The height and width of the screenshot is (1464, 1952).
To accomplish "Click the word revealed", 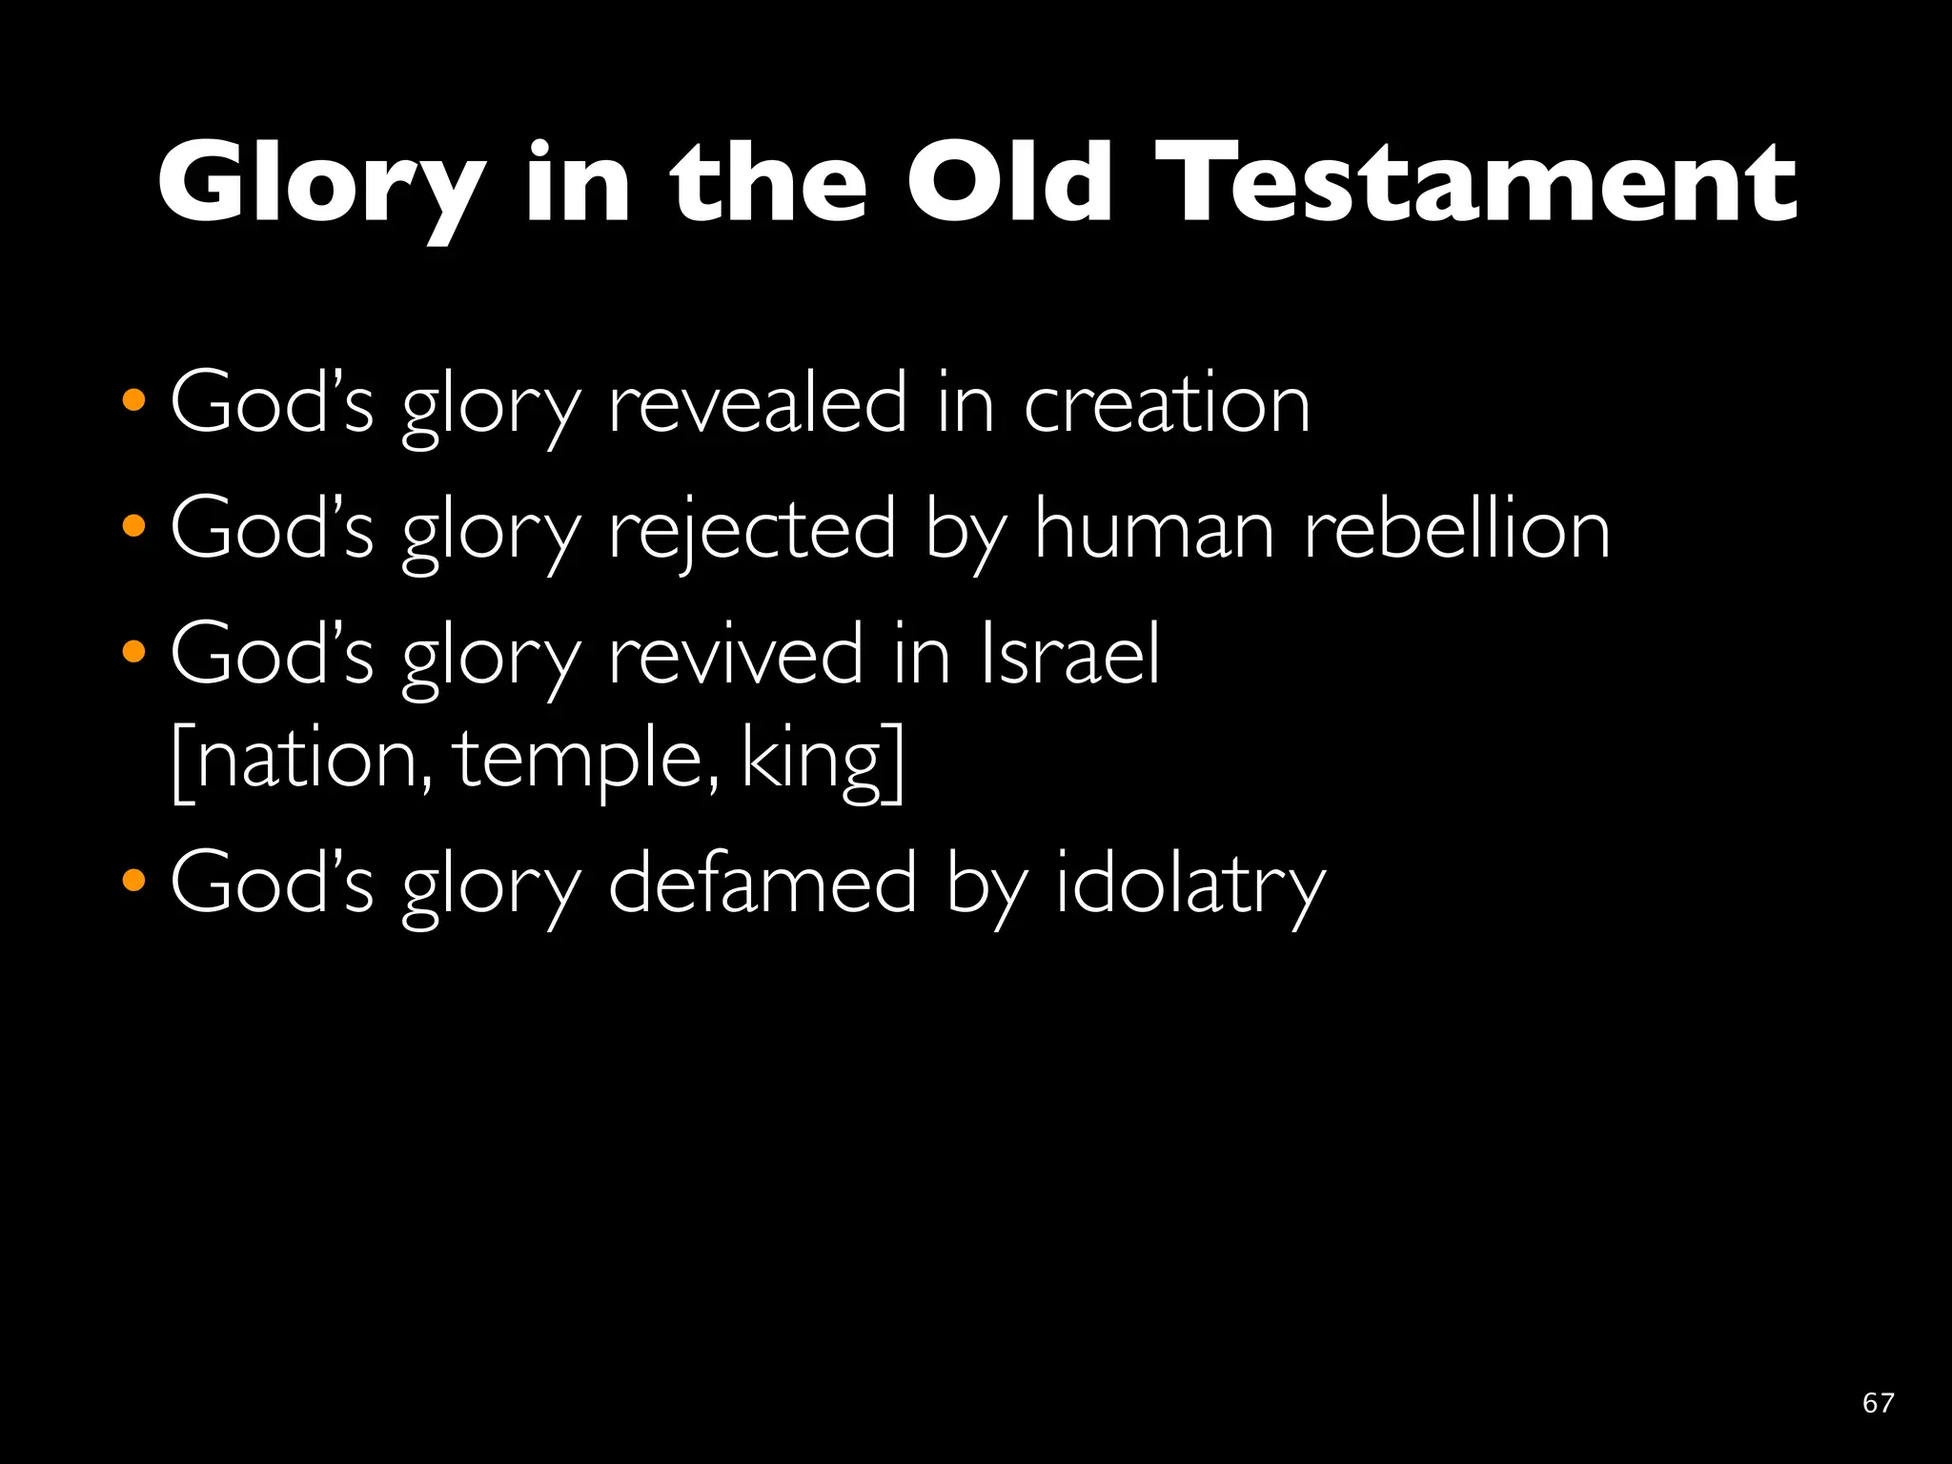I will point(758,404).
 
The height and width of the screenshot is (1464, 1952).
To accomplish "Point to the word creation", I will point(1167,404).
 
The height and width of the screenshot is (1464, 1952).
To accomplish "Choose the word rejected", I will point(752,530).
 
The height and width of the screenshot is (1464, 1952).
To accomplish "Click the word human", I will point(1154,530).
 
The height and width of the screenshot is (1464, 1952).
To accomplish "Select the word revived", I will point(735,655).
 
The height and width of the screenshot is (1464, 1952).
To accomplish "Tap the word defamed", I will point(762,884).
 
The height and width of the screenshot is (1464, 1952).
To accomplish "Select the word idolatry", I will point(1190,884).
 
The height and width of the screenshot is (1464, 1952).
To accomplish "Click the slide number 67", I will point(1878,1402).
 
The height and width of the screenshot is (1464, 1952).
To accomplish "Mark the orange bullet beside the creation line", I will point(134,399).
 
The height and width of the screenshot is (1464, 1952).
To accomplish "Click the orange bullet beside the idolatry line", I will point(134,880).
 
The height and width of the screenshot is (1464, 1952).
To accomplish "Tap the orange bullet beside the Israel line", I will point(134,651).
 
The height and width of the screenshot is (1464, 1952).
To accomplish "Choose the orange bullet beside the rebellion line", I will point(134,525).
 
